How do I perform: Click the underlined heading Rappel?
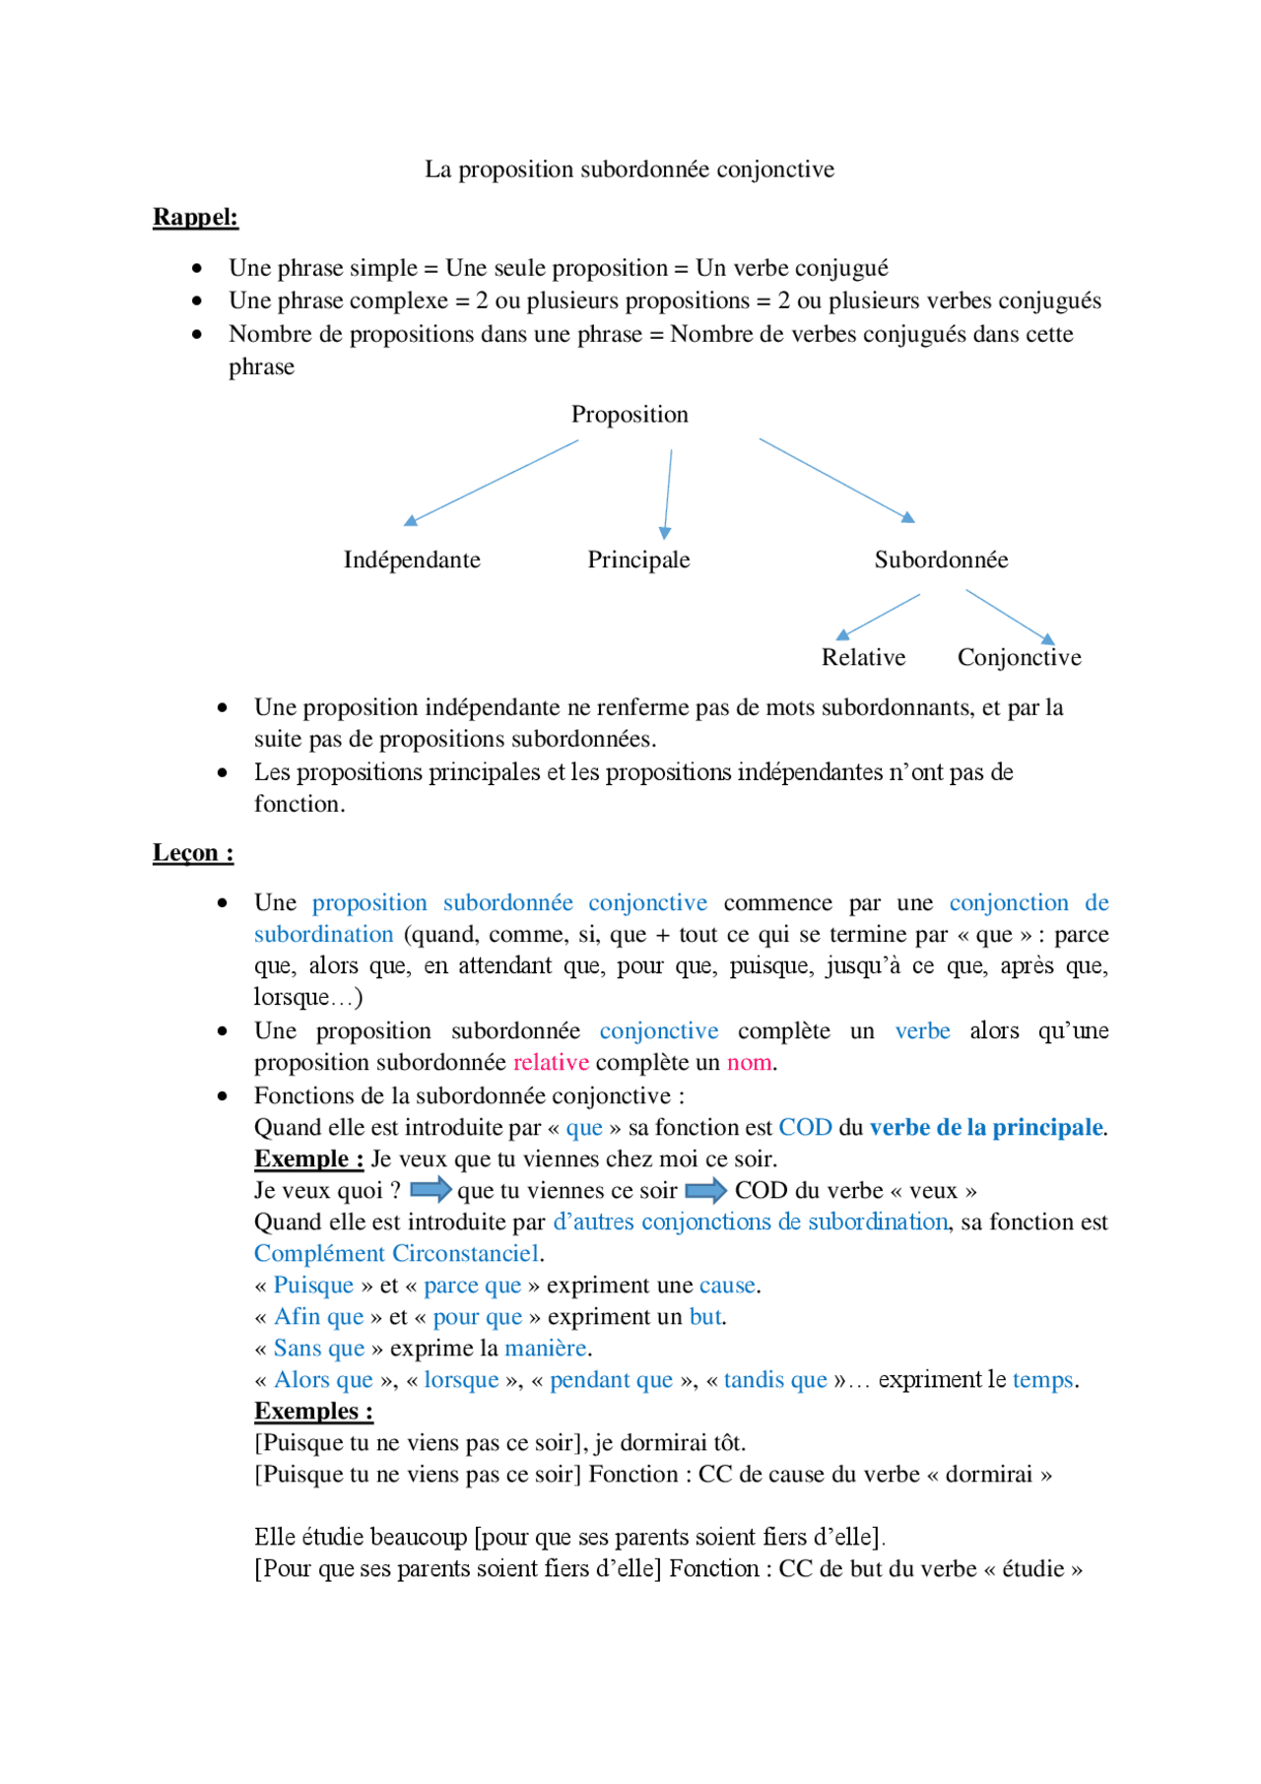click(x=195, y=217)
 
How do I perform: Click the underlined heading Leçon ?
click(x=193, y=853)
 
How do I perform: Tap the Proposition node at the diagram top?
click(x=630, y=415)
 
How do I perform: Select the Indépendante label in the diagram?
click(x=412, y=560)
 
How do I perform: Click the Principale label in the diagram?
click(x=638, y=560)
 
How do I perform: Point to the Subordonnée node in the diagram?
click(x=941, y=560)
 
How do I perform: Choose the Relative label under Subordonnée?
click(x=863, y=658)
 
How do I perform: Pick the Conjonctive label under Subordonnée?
click(x=1019, y=658)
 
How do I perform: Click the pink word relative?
click(x=551, y=1063)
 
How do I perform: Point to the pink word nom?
click(x=749, y=1063)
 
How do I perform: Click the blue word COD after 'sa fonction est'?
click(x=805, y=1128)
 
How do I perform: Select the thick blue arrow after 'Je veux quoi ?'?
click(x=431, y=1190)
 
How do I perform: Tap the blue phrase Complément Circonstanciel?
click(x=396, y=1254)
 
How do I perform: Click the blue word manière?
click(x=546, y=1349)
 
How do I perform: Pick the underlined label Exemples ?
click(x=313, y=1412)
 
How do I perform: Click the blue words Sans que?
click(x=319, y=1349)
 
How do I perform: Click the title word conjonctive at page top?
click(x=775, y=169)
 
